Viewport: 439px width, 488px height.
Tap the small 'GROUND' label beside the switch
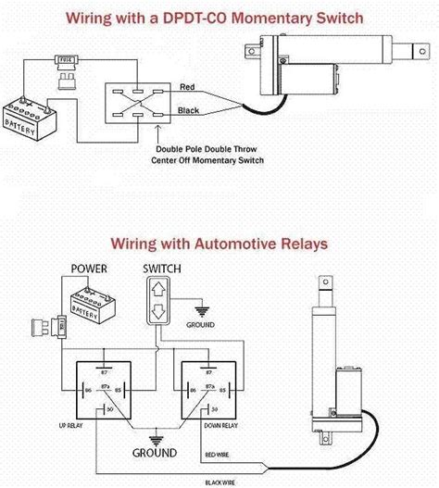click(200, 325)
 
